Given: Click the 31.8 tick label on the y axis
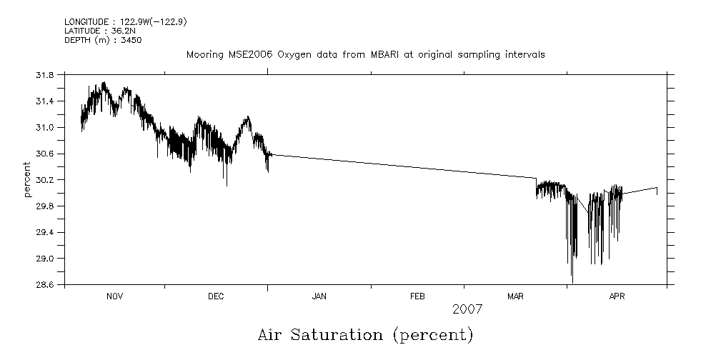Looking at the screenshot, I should pos(46,75).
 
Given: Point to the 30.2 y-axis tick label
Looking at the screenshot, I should pos(46,180).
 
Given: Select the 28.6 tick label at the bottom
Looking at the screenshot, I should pos(46,285).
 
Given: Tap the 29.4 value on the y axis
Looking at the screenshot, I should pos(46,232).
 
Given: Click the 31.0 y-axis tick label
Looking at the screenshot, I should pos(46,128).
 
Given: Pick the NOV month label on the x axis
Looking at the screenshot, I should pos(114,297).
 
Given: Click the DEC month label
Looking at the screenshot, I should pos(216,297).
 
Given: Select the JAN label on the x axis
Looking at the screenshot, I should pos(319,297).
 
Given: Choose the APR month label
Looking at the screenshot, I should pos(617,297).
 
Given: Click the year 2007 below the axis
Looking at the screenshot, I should pos(468,309).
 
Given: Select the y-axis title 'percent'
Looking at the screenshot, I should pos(27,180).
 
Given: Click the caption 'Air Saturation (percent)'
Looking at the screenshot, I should pos(365,334).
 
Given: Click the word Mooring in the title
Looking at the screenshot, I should pos(204,55).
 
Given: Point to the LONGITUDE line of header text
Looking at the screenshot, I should pos(126,22).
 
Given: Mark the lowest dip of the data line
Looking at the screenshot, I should pos(572,282).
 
